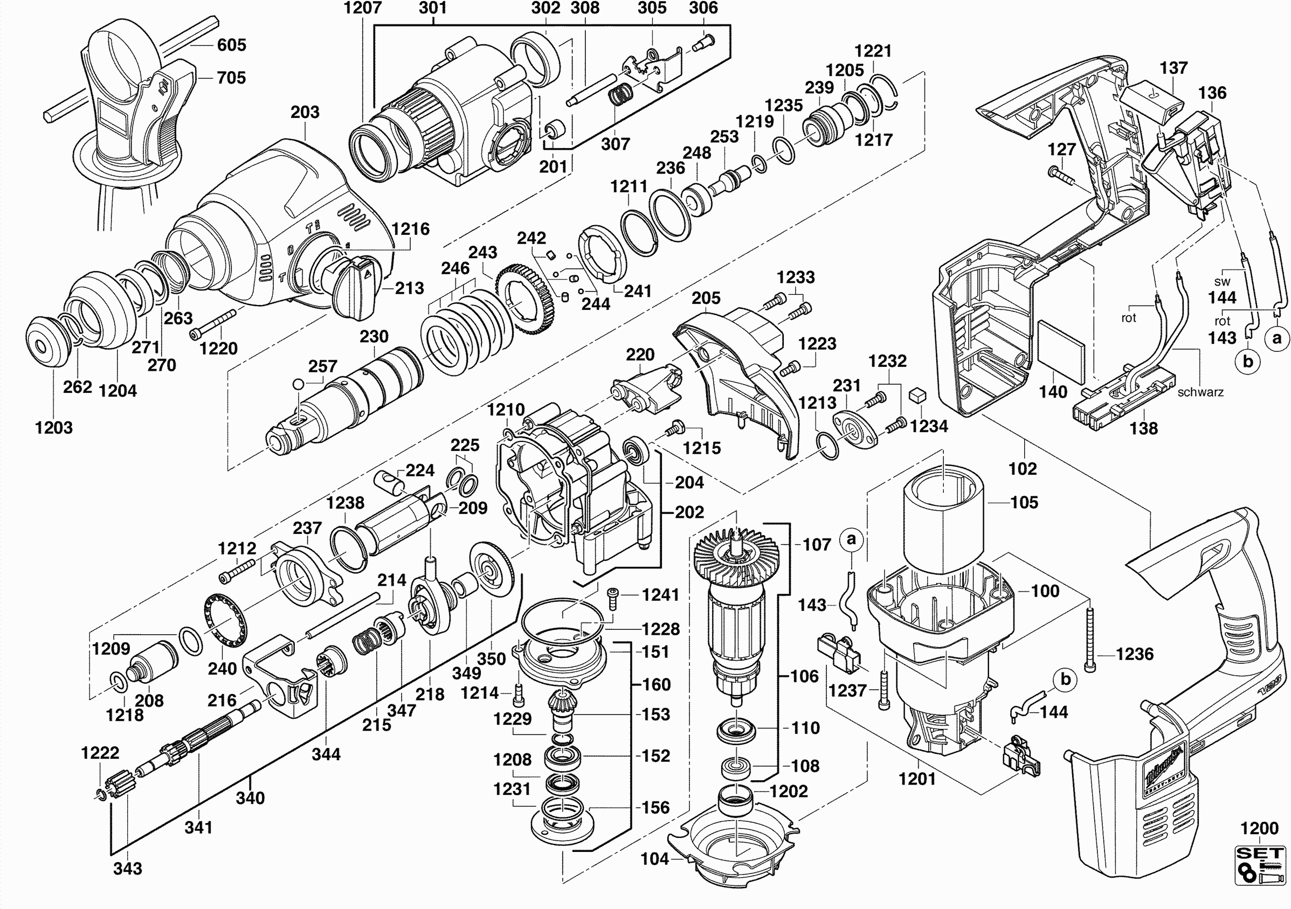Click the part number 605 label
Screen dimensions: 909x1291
pyautogui.click(x=231, y=44)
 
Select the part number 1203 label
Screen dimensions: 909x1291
pyautogui.click(x=54, y=427)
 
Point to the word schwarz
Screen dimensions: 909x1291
pyautogui.click(x=1200, y=392)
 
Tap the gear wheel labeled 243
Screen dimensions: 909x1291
pyautogui.click(x=526, y=301)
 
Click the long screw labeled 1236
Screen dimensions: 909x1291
pyautogui.click(x=1090, y=638)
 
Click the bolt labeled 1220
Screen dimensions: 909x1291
pyautogui.click(x=213, y=323)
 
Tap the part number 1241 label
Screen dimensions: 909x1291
pyautogui.click(x=661, y=594)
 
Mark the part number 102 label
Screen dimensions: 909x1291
pyautogui.click(x=1021, y=468)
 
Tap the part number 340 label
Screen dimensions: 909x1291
pyautogui.click(x=250, y=797)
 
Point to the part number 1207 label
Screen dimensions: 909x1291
pyautogui.click(x=363, y=8)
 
